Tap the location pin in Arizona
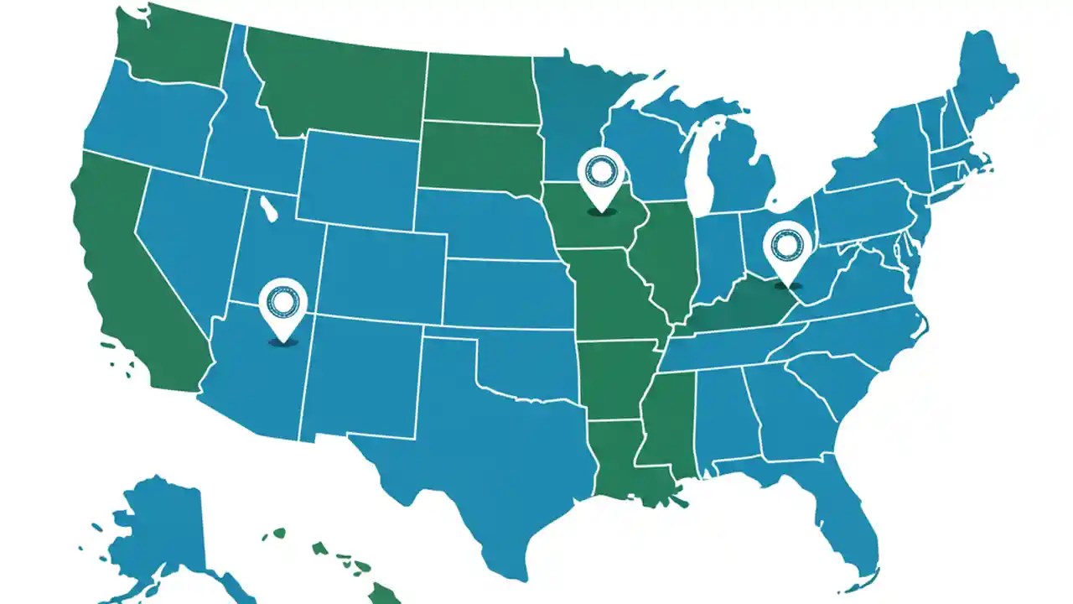[283, 305]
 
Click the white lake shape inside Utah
[268, 209]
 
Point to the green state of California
[126, 268]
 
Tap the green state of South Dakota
[478, 155]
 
